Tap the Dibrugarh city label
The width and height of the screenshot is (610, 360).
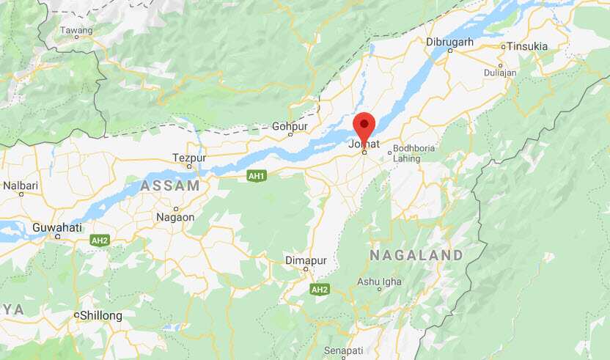pos(449,43)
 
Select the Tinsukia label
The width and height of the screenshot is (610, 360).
pos(524,46)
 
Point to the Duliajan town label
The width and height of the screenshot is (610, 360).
pos(501,73)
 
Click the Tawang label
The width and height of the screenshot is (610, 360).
pos(76,31)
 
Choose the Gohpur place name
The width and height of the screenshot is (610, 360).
pos(290,126)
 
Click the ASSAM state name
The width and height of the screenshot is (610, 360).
pos(171,185)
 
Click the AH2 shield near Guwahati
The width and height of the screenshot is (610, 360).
pos(100,240)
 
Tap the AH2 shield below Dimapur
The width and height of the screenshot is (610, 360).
pos(319,290)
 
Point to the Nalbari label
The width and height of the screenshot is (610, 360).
pos(20,186)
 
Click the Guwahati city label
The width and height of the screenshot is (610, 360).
pos(57,227)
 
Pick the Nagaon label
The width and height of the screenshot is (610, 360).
pos(175,217)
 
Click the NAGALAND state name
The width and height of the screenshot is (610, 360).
pos(416,255)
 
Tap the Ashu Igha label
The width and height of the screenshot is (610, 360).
pos(379,282)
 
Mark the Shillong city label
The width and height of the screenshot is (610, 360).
pos(101,315)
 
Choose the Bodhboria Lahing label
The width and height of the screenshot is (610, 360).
pos(414,153)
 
